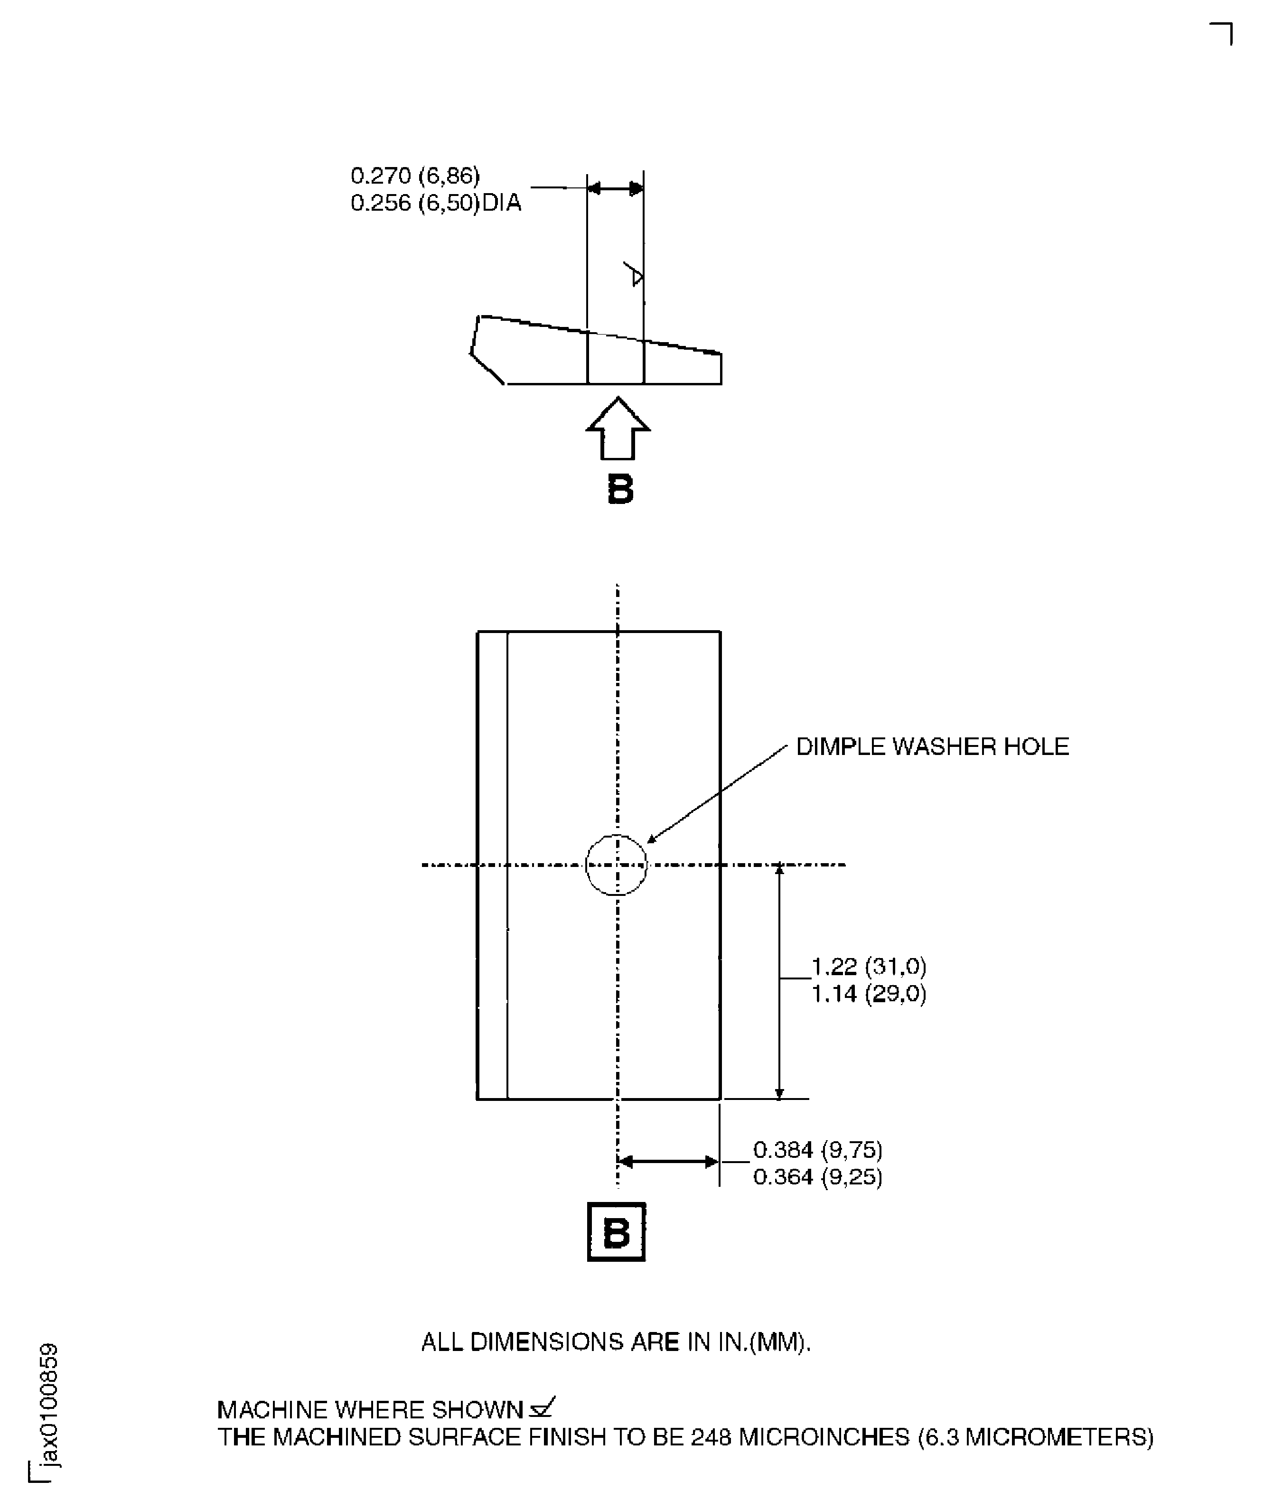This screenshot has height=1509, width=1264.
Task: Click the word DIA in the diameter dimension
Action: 502,204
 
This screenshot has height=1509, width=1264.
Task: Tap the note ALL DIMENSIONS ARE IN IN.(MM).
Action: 616,1341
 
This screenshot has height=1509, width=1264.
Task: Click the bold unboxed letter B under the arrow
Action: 620,489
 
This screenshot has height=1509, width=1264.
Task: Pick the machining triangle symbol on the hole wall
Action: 635,274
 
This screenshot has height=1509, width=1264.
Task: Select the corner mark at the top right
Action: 1222,32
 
